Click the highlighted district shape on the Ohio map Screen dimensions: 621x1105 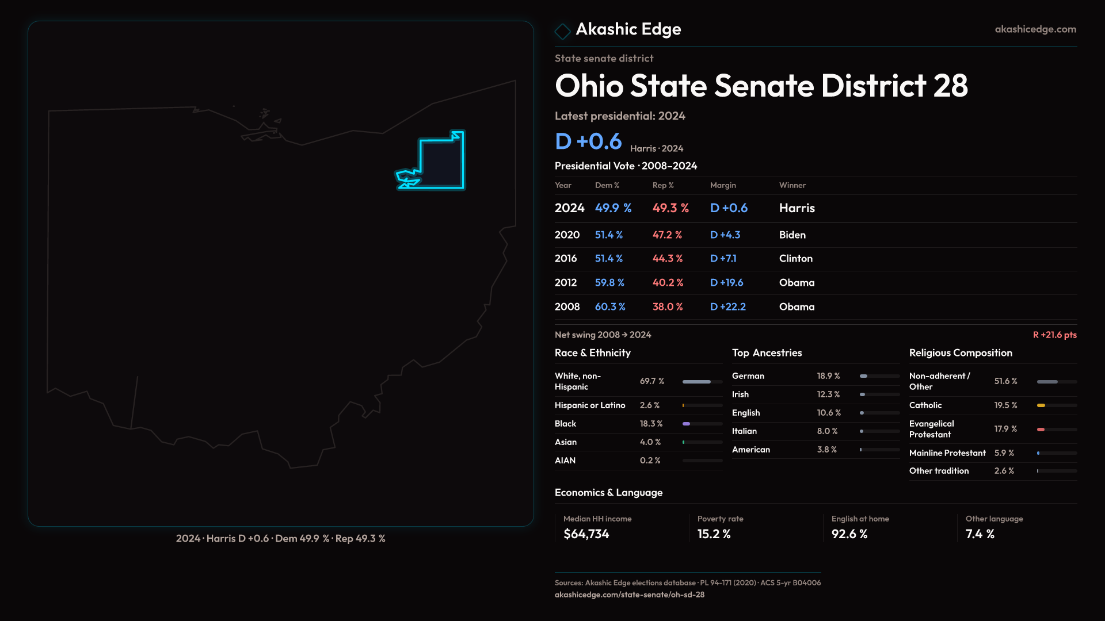(x=442, y=164)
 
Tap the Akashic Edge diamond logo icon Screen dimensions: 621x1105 (x=562, y=31)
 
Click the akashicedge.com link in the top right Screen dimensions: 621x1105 (x=1035, y=29)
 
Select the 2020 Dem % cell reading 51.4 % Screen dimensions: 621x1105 (x=608, y=235)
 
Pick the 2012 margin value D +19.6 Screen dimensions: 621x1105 (x=726, y=283)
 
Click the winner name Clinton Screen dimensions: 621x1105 (x=795, y=259)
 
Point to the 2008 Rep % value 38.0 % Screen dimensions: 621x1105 (x=668, y=307)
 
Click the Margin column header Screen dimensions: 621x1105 (x=723, y=185)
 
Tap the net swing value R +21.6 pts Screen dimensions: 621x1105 (x=1054, y=335)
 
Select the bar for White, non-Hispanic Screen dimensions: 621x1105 (x=697, y=382)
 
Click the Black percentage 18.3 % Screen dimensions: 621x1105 (x=651, y=424)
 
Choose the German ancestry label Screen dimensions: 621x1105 (x=748, y=376)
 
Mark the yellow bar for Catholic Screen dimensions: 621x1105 (x=1041, y=405)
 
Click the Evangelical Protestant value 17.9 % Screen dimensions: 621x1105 (x=1005, y=429)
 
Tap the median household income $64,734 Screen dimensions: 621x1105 (x=586, y=534)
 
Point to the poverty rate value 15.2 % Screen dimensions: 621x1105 (x=714, y=534)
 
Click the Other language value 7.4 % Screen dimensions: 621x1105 (x=980, y=534)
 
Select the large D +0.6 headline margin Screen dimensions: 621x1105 (x=588, y=141)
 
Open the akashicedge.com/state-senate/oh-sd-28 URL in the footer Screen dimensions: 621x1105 (x=629, y=595)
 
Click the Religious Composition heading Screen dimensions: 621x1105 (x=961, y=353)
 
